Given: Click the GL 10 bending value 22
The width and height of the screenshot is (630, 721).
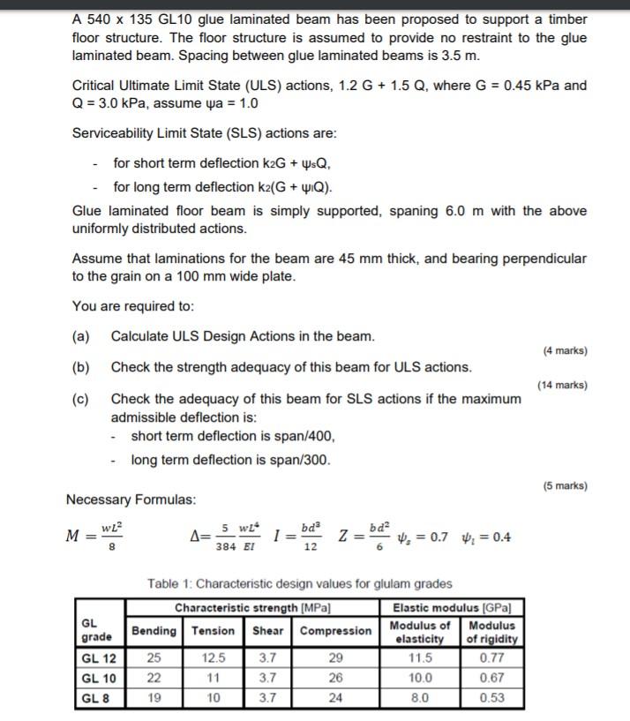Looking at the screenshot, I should click(x=153, y=677).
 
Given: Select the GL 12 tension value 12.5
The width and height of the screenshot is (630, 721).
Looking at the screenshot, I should click(x=214, y=657).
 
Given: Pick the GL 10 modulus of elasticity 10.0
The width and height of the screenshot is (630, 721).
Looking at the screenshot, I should click(x=423, y=677).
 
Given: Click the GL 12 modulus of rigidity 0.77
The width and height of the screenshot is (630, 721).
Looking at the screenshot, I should click(x=491, y=657).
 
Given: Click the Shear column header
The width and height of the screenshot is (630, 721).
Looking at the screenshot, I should click(x=268, y=630).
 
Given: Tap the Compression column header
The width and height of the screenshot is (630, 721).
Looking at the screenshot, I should click(x=335, y=630).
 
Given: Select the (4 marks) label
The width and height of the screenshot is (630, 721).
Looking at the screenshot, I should click(x=565, y=350).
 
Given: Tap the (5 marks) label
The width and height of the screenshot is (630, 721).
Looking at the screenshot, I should click(x=565, y=485).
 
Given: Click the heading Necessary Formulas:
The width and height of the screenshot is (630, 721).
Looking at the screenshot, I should click(x=131, y=499).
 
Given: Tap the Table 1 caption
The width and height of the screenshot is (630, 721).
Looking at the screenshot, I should click(x=300, y=583).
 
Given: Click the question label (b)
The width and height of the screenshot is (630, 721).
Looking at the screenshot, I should click(x=81, y=367).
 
